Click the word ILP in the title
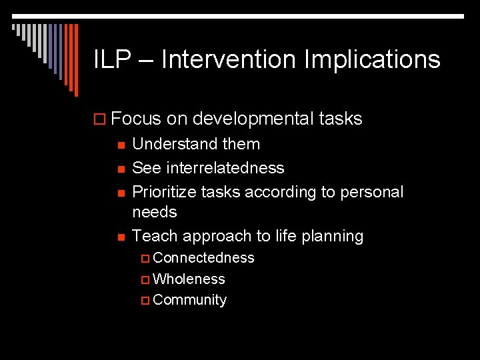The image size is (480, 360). pos(111,60)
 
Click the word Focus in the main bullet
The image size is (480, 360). pos(137,119)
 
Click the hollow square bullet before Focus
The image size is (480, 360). pos(101,120)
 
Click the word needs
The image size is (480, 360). pos(155,212)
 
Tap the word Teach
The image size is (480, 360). pos(155,236)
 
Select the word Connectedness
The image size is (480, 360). pos(203,258)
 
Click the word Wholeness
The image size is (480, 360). pos(189,279)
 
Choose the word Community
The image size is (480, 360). pos(189,300)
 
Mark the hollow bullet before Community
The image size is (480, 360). pos(146,301)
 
